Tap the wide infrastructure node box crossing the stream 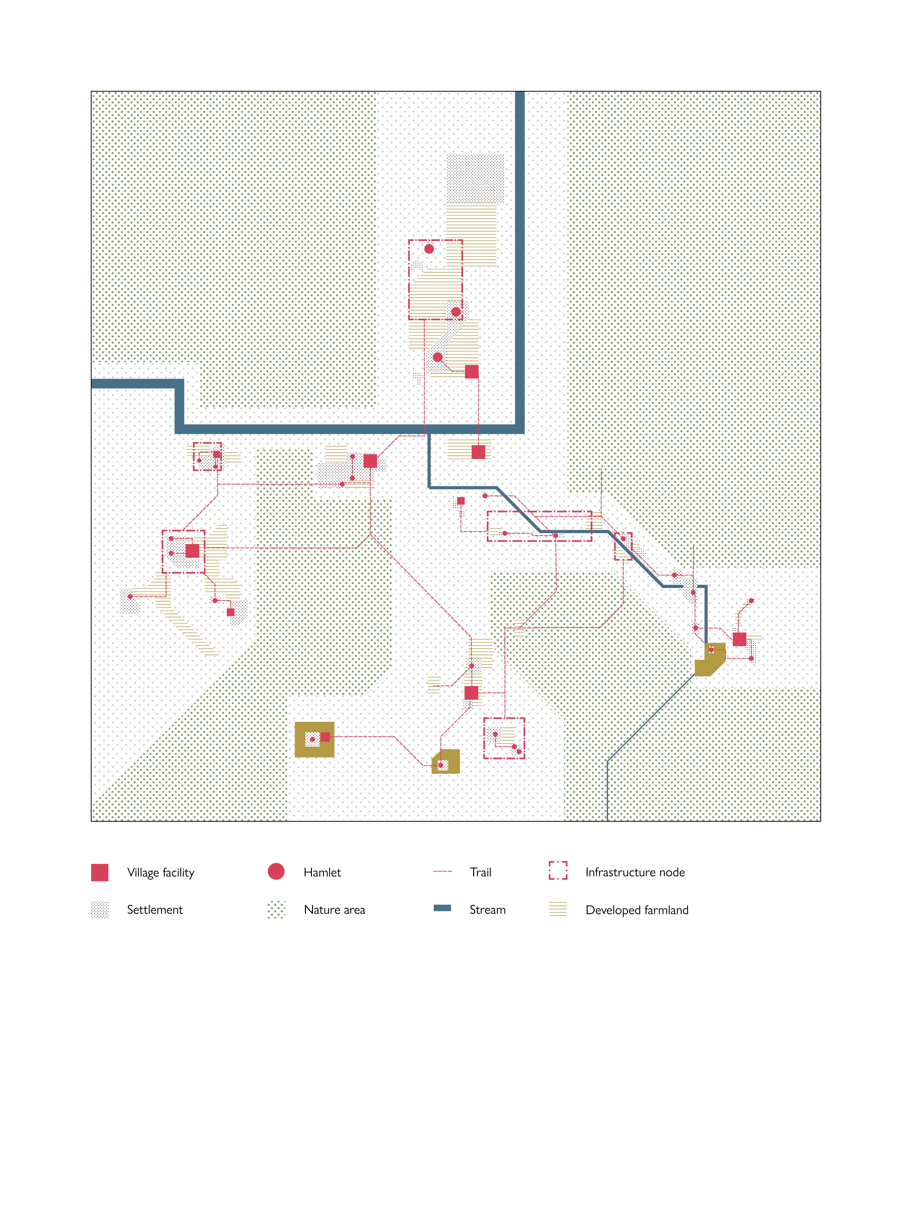tap(539, 526)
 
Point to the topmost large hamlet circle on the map tap(429, 249)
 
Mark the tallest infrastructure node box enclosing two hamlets tap(435, 280)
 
